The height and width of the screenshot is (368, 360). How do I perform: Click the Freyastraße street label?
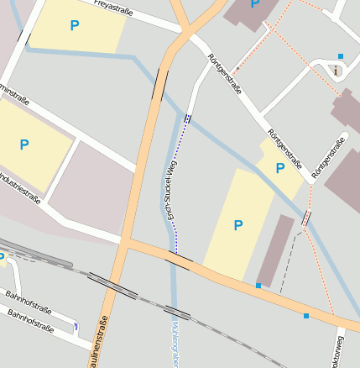116,6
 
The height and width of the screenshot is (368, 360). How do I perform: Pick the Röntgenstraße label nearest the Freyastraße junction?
224,75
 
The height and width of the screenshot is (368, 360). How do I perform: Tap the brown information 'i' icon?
336,71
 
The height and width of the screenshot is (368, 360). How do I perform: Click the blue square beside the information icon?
341,56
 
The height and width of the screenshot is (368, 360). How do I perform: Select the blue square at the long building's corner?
258,287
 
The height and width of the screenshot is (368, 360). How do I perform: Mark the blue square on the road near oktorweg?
306,316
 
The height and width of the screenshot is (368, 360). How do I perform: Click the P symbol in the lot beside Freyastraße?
75,26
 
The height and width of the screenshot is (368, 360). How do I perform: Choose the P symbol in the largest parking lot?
237,225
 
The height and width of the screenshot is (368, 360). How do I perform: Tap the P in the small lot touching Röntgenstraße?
280,169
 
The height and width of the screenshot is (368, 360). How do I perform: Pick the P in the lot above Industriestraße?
24,145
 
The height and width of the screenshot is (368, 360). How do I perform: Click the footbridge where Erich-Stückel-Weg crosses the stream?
186,119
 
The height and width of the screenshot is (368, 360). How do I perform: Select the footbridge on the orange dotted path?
305,218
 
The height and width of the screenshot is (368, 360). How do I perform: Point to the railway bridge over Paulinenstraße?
112,286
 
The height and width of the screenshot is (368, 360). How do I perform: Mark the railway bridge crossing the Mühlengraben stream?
176,313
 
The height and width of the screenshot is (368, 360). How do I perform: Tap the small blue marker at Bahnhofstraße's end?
76,326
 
